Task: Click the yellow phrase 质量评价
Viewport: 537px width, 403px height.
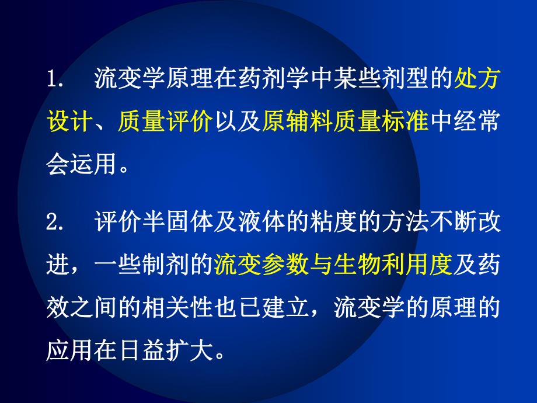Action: point(164,123)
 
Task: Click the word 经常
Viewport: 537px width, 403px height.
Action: point(476,123)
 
